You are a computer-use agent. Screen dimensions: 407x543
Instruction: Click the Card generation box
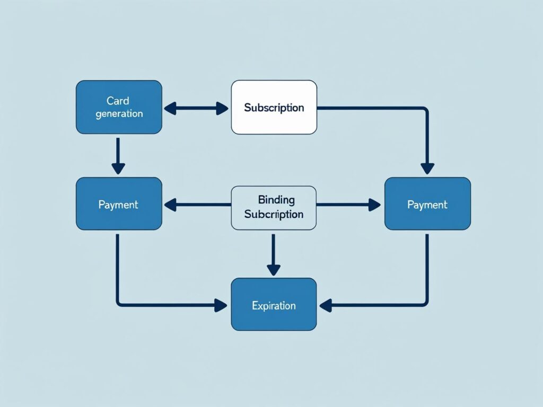coord(119,107)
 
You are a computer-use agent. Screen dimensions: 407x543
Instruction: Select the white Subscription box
coord(274,107)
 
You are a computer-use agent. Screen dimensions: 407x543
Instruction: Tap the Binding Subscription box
coord(274,207)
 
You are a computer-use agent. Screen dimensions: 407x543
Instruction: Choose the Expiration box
coord(274,305)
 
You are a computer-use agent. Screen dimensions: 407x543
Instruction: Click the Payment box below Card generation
coord(119,204)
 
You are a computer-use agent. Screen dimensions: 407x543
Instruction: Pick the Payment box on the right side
coord(427,204)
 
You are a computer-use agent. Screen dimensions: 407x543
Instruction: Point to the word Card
coord(118,101)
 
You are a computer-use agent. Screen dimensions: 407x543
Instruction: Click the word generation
coord(119,113)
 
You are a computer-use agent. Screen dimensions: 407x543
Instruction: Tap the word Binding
coord(276,200)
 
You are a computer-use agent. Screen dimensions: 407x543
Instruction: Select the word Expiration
coord(274,306)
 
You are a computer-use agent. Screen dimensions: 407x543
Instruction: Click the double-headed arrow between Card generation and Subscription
coord(196,109)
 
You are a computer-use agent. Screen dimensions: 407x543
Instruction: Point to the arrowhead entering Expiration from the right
coord(326,305)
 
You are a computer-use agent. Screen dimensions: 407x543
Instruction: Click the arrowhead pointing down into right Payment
coord(427,169)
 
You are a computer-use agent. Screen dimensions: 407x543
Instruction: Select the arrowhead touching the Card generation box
coord(170,109)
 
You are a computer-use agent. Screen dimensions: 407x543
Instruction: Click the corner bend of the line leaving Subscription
coord(426,109)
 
